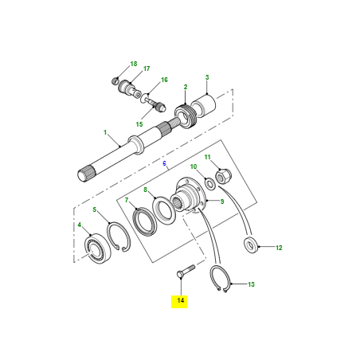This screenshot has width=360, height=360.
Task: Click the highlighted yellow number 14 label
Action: pos(181,300)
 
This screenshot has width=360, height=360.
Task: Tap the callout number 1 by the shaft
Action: pos(104,131)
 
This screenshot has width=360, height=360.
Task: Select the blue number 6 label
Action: pos(165,163)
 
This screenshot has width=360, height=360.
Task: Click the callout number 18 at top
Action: pos(134,63)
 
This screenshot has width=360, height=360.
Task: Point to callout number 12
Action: pos(279,248)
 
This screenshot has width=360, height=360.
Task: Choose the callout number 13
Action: pos(251,284)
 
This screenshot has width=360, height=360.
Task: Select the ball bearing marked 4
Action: pos(96,248)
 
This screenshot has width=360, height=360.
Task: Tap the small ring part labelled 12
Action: pos(252,245)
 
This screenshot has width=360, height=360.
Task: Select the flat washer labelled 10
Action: pos(209,185)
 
